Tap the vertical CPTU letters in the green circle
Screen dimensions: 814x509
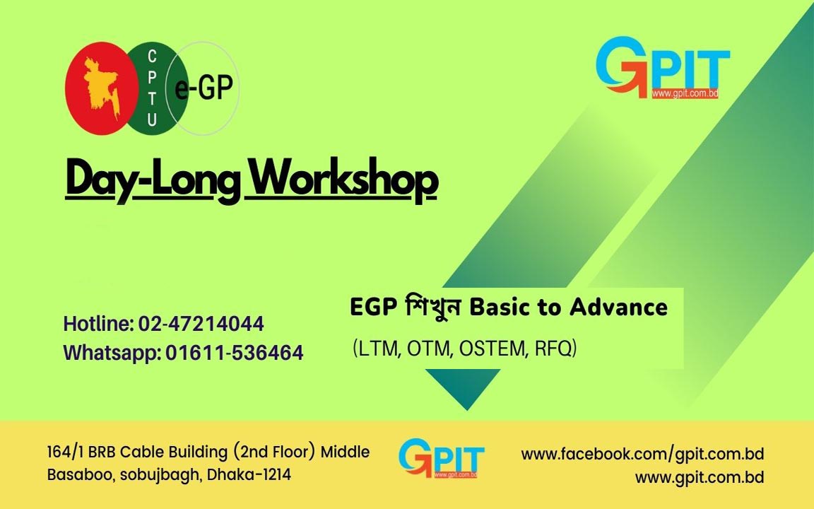(x=152, y=88)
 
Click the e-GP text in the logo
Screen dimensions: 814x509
(x=203, y=87)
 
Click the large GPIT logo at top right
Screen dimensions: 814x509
(x=663, y=67)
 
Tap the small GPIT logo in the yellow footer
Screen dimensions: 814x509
(x=441, y=458)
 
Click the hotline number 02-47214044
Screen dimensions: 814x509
(x=201, y=324)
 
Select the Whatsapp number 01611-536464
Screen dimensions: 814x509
(x=234, y=353)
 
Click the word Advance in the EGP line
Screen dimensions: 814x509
(x=618, y=307)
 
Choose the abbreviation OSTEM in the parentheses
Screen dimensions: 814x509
(x=490, y=348)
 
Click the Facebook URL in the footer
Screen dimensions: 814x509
(x=642, y=455)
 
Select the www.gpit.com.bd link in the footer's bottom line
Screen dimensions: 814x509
(x=700, y=477)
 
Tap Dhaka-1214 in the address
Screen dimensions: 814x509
(x=249, y=474)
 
